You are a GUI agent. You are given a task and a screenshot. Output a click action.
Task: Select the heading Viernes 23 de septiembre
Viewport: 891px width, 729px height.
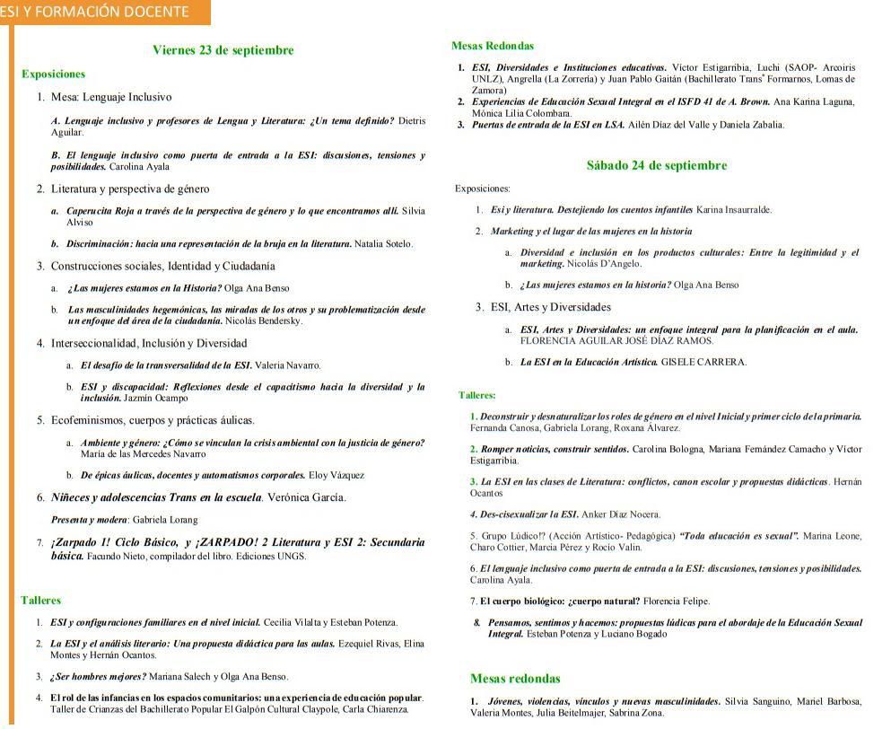[223, 50]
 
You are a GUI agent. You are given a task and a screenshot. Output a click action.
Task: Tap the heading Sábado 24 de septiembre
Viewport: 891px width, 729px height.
[656, 165]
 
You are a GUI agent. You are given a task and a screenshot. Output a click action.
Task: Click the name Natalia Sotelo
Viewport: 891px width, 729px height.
[383, 244]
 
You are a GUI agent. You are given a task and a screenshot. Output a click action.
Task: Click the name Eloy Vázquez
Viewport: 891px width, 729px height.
[336, 475]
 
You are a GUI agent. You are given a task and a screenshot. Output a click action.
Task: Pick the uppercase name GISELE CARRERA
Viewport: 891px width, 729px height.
[703, 363]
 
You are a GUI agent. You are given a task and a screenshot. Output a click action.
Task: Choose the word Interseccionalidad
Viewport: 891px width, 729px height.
[98, 343]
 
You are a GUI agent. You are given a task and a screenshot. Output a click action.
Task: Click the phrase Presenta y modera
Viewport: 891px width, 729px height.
[90, 520]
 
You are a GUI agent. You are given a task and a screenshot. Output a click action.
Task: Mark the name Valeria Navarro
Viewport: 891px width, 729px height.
[287, 365]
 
